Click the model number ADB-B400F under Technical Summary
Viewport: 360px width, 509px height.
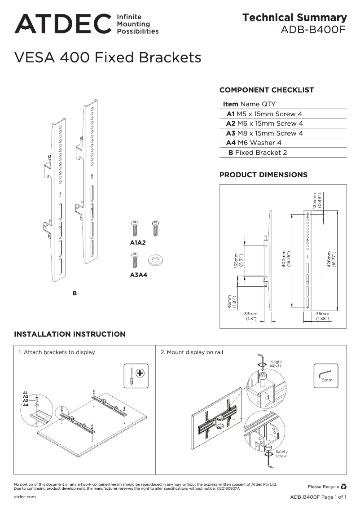tap(313, 30)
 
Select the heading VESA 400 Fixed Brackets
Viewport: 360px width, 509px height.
tap(108, 58)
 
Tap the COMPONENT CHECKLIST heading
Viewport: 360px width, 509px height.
tap(266, 90)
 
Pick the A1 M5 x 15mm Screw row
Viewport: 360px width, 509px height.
tap(264, 114)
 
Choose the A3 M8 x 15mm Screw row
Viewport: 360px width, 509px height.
tap(264, 133)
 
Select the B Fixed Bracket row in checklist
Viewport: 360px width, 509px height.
tap(258, 153)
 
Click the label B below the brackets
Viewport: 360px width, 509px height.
tap(75, 293)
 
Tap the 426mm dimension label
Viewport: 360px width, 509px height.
tap(331, 259)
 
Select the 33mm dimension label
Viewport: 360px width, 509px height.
tap(250, 316)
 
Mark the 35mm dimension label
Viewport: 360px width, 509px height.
tap(322, 316)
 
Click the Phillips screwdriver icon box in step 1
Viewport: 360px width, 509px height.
tap(136, 375)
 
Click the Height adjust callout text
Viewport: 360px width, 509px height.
tap(276, 364)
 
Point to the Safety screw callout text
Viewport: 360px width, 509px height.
tap(281, 454)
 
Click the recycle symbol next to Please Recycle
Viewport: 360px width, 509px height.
tap(344, 486)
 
